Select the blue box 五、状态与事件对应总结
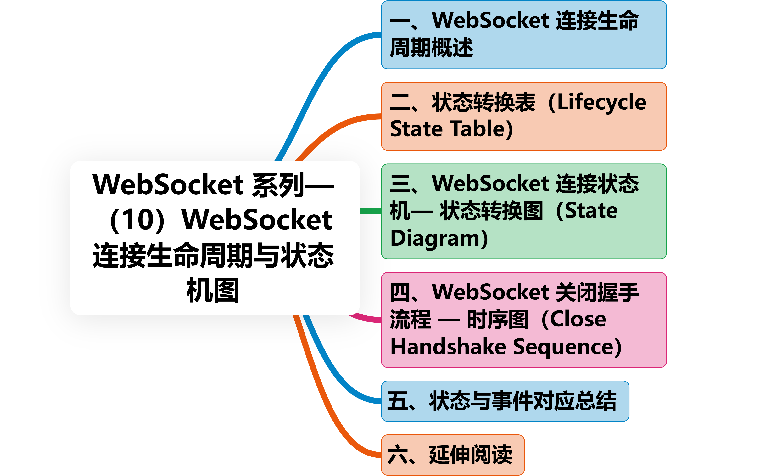[505, 401]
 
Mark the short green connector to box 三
[370, 211]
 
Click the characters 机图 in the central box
[213, 290]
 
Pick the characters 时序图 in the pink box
[497, 320]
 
